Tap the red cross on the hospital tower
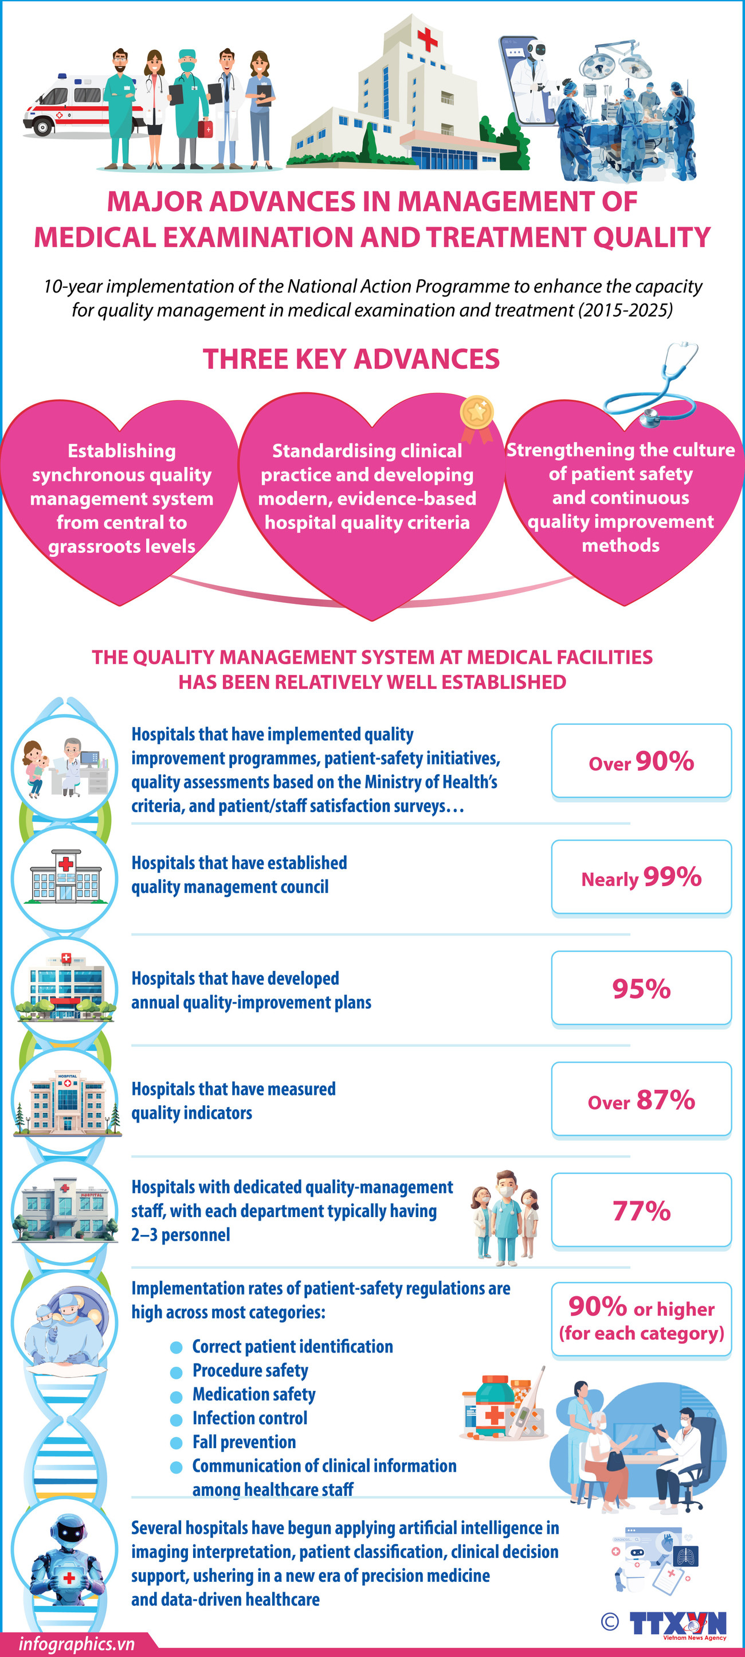(x=427, y=40)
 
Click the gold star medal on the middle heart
(x=477, y=412)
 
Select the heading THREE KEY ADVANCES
(x=351, y=359)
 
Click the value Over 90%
(x=641, y=762)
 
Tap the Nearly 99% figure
(x=641, y=878)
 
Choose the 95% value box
(x=641, y=989)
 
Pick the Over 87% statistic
(x=641, y=1100)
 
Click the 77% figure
(x=641, y=1211)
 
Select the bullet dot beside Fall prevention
(x=176, y=1444)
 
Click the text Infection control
(x=249, y=1418)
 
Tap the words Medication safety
(x=254, y=1394)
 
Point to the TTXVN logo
(x=677, y=1624)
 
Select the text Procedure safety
(x=250, y=1371)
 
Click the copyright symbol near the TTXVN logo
(x=609, y=1621)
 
